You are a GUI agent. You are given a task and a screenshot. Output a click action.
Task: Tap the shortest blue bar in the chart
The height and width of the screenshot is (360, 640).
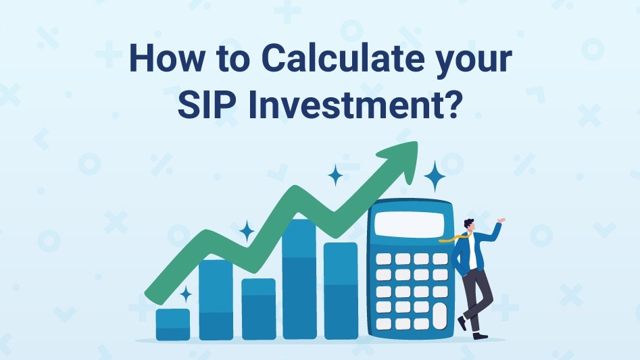click(x=173, y=324)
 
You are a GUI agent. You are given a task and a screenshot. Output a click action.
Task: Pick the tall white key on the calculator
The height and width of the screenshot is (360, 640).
click(x=440, y=315)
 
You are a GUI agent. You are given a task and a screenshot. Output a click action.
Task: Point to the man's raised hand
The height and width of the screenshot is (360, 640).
click(x=500, y=220)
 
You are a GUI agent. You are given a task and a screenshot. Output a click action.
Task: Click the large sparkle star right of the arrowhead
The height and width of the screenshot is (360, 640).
click(x=435, y=177)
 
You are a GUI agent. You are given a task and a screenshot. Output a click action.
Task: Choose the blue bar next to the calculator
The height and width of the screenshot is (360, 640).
click(x=341, y=290)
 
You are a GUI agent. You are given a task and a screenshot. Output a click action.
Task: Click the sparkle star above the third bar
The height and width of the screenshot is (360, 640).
click(x=247, y=232)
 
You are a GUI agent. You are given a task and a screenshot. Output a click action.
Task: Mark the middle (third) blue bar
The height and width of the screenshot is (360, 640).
click(x=258, y=309)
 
